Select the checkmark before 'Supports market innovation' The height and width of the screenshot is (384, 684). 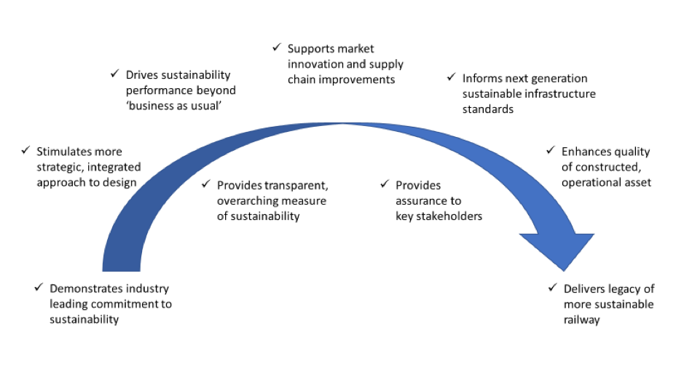click(x=276, y=47)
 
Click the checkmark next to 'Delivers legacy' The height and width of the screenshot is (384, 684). click(x=552, y=288)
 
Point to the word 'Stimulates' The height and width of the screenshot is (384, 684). click(x=66, y=152)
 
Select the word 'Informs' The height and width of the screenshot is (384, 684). click(x=482, y=78)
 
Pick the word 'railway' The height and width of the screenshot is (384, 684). click(x=581, y=320)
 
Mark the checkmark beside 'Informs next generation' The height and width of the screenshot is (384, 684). click(x=451, y=77)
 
